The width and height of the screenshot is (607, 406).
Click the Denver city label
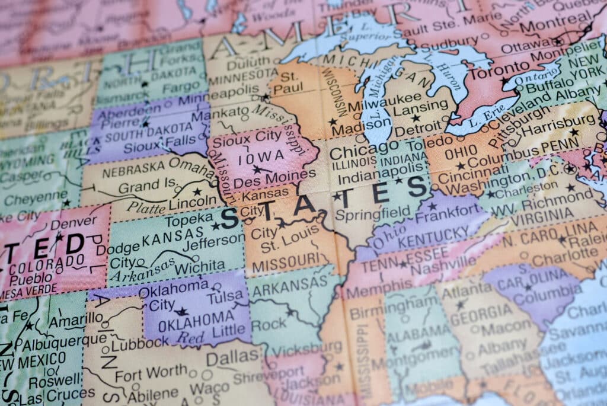[74, 223]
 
